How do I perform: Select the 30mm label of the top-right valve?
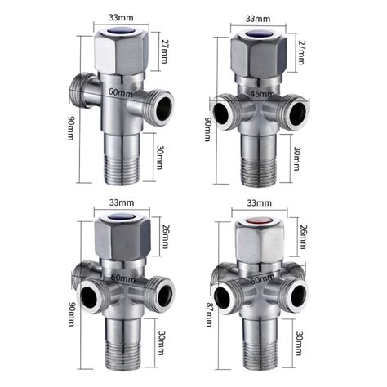[x=298, y=155]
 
